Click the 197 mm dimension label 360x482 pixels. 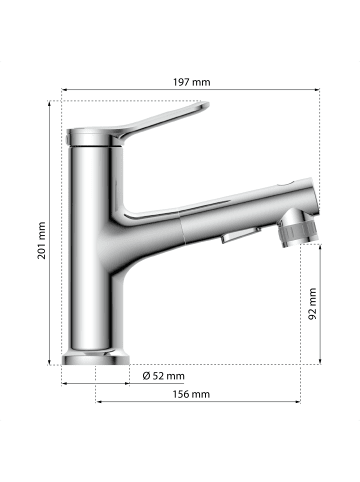(191, 82)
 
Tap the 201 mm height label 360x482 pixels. (41, 240)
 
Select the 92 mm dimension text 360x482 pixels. (312, 304)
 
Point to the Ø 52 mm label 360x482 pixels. (163, 376)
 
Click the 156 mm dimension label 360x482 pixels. (191, 394)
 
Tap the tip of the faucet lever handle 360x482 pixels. (207, 104)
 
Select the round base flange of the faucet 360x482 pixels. (96, 359)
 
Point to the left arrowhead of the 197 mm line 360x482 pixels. (64, 89)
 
